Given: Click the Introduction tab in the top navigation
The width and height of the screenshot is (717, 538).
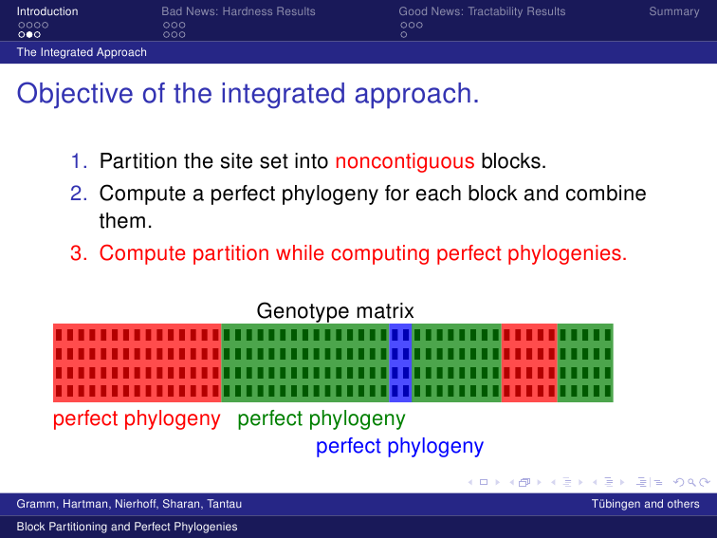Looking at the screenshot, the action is click(47, 11).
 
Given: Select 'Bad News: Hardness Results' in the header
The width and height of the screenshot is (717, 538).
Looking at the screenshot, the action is click(238, 11).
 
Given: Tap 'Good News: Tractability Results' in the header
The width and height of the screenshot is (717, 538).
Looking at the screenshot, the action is click(482, 11).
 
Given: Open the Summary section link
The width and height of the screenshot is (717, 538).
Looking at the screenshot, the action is click(674, 11).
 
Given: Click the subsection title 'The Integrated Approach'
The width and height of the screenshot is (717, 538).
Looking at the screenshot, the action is click(82, 52).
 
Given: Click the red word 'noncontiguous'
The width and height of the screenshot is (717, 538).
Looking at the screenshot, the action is click(405, 161).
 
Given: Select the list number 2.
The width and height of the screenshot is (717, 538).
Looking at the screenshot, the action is click(78, 194).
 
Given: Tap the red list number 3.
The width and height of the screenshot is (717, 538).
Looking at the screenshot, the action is click(78, 253).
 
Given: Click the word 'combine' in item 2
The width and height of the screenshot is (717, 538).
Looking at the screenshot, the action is click(605, 193).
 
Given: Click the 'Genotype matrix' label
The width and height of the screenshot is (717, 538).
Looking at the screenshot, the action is click(335, 311).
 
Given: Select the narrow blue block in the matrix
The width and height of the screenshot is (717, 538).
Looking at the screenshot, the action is click(400, 362).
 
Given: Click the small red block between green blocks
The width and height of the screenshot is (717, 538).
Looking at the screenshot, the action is click(529, 362).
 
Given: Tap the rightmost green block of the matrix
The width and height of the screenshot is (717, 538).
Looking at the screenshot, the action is click(585, 362).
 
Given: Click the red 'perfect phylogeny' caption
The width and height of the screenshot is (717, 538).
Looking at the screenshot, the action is click(137, 418).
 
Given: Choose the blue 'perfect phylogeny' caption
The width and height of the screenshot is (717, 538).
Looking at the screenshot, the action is click(399, 446).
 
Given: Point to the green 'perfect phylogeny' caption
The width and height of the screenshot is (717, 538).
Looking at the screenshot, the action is click(322, 418).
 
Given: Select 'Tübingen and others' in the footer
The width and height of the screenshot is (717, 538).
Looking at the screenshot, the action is click(645, 504).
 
